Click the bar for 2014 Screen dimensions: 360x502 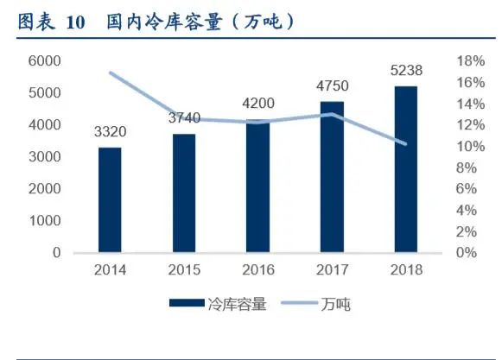pos(110,200)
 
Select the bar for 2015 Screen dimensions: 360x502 pos(182,193)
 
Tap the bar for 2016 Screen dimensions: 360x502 pos(257,186)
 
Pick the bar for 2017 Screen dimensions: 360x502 pos(331,177)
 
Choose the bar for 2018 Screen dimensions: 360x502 pos(404,169)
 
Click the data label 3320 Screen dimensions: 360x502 pos(110,132)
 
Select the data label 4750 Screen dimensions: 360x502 pos(331,86)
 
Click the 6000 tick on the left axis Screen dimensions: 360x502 pos(45,60)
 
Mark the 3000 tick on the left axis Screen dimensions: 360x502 pos(45,156)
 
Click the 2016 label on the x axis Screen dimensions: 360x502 pos(257,270)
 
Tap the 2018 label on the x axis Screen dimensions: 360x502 pos(404,270)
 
